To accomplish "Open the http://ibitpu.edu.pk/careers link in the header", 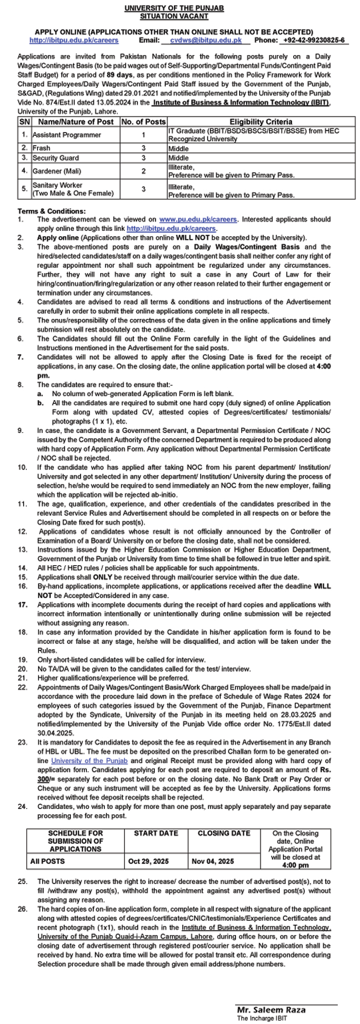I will click(74, 40).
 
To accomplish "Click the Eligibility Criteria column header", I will click(261, 122).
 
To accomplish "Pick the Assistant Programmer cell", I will click(67, 135).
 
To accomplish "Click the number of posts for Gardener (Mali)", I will click(143, 171).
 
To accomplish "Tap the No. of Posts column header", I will click(143, 122).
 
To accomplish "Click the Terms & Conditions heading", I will click(52, 211).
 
